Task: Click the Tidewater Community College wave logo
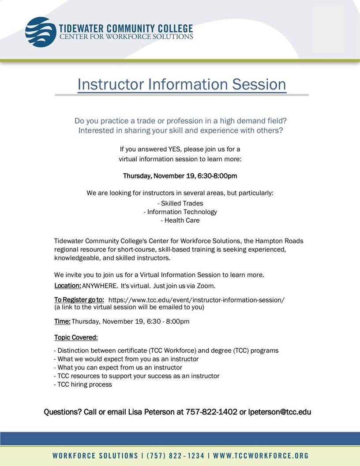[x=41, y=32]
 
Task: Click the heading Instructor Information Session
[x=181, y=84]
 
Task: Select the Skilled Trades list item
[x=180, y=203]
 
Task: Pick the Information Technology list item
[x=180, y=212]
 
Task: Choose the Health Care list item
[x=180, y=220]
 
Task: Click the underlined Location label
[x=67, y=286]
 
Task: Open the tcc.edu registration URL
[x=196, y=300]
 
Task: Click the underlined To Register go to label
[x=79, y=300]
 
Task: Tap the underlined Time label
[x=62, y=321]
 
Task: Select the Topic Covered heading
[x=76, y=338]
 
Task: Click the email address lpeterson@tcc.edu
[x=280, y=412]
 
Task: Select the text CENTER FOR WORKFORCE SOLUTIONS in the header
[x=126, y=37]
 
